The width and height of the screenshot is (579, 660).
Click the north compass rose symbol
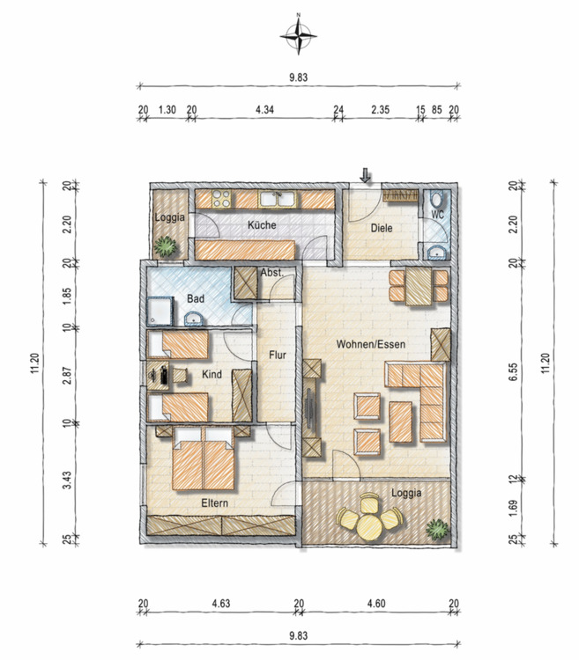[299, 36]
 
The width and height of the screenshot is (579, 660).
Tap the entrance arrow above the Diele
[365, 175]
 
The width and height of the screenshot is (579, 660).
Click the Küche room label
[262, 224]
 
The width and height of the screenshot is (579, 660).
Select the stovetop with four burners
[221, 199]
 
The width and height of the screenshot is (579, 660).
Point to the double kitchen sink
[278, 199]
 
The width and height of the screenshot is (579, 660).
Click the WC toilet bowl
[437, 198]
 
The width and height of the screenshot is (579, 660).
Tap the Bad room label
[196, 299]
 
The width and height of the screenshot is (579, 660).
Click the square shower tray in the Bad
[160, 311]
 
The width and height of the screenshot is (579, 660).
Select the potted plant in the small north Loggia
[165, 246]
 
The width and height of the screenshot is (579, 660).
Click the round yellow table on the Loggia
[369, 527]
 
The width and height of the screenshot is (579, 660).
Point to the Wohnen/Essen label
[370, 344]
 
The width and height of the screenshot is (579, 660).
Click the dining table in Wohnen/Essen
[419, 286]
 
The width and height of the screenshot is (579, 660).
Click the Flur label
[278, 356]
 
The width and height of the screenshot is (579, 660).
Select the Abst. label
[271, 273]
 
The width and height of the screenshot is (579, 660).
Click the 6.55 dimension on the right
[513, 372]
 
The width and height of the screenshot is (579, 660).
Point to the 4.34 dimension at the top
[264, 110]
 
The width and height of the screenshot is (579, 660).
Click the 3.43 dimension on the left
[67, 480]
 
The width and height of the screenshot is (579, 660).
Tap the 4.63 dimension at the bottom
[221, 604]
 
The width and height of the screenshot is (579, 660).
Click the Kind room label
[212, 374]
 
